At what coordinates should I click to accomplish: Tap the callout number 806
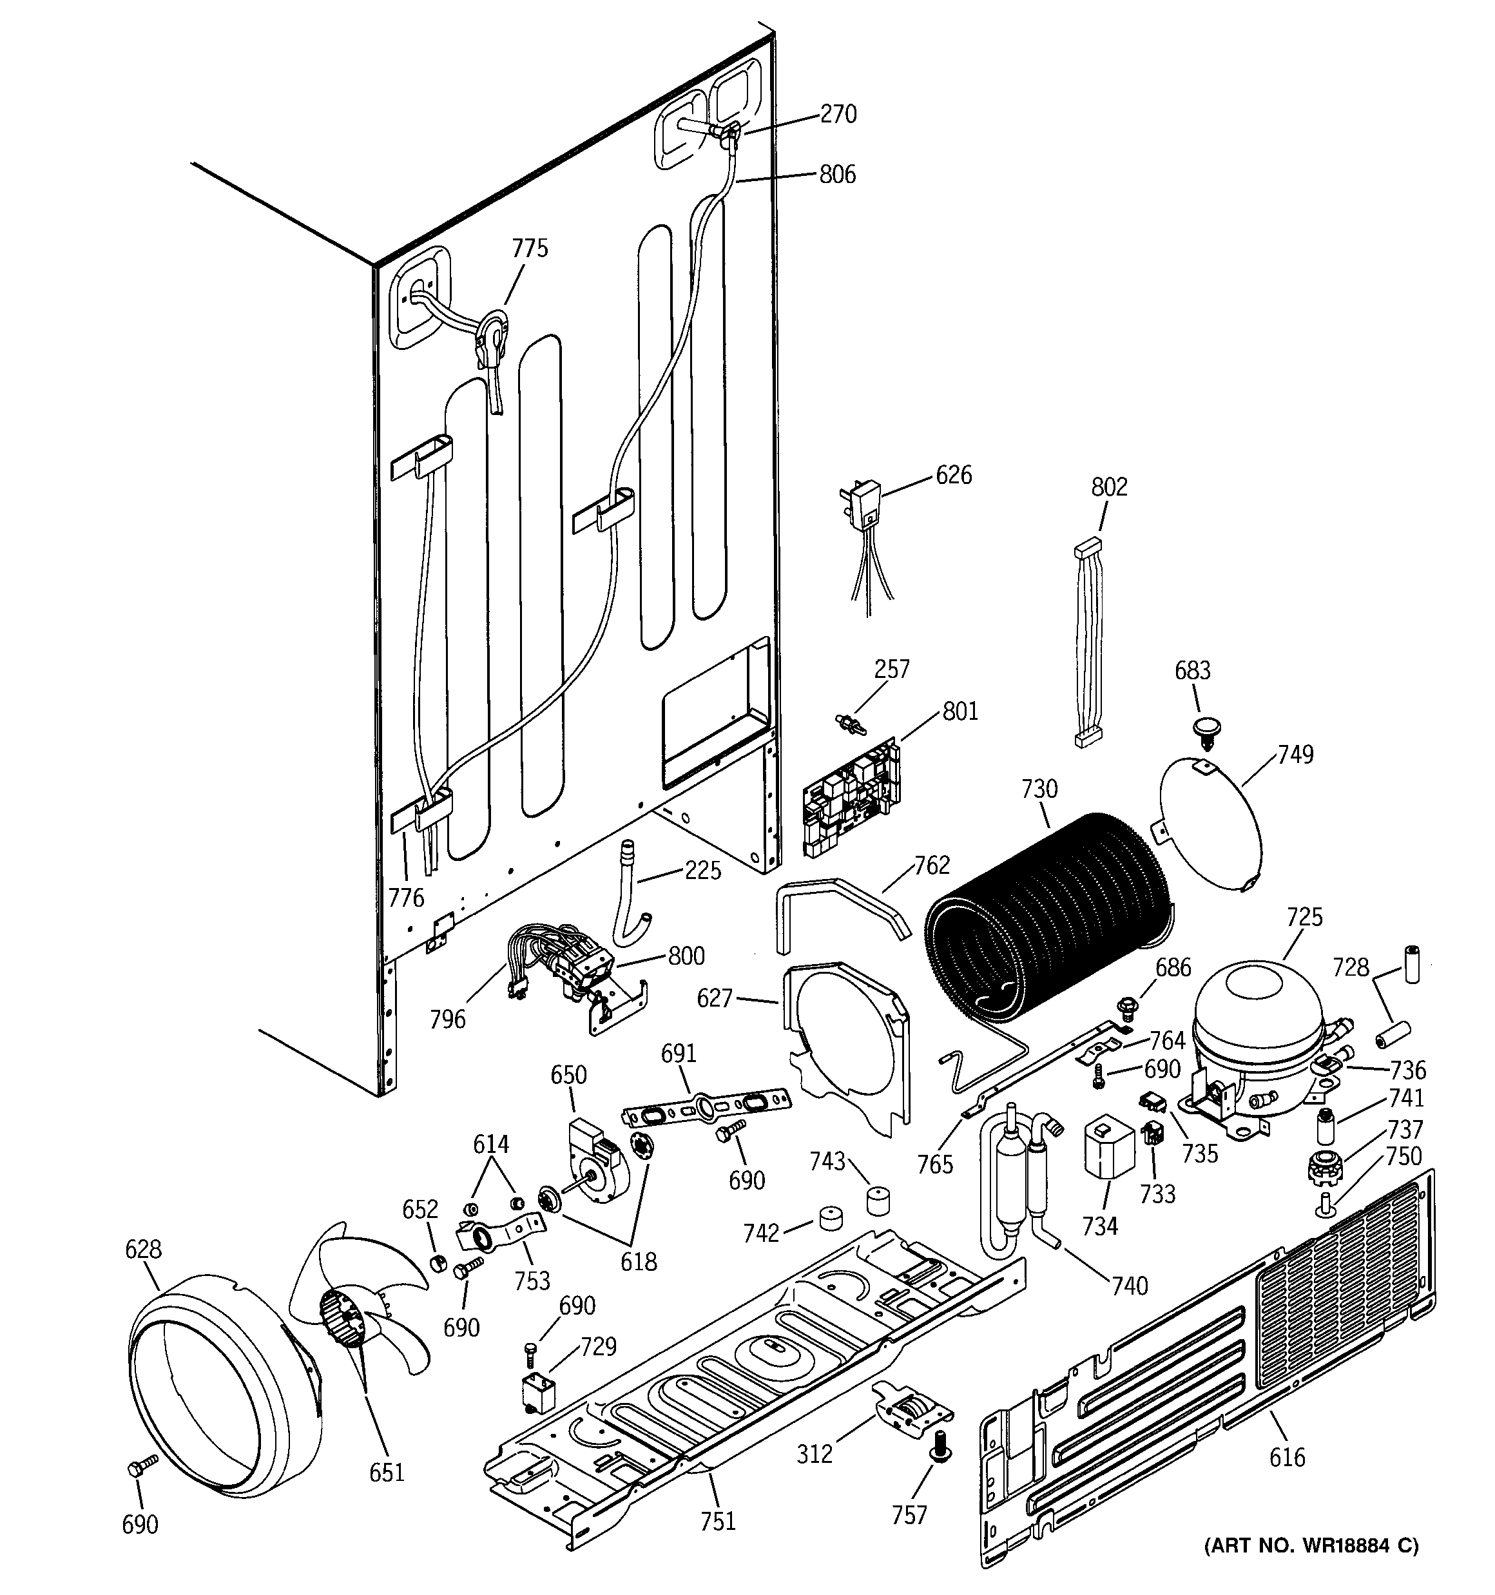pos(837,174)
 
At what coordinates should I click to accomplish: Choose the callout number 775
pos(530,249)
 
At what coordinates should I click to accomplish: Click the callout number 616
pos(1286,1456)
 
